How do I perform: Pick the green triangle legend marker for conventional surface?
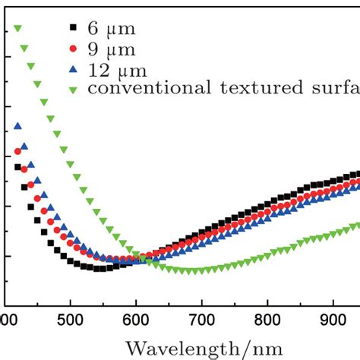(x=74, y=89)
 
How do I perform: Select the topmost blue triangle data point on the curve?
(x=18, y=126)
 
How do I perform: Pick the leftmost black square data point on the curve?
(x=18, y=167)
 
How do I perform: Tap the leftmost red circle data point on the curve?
(x=18, y=152)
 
